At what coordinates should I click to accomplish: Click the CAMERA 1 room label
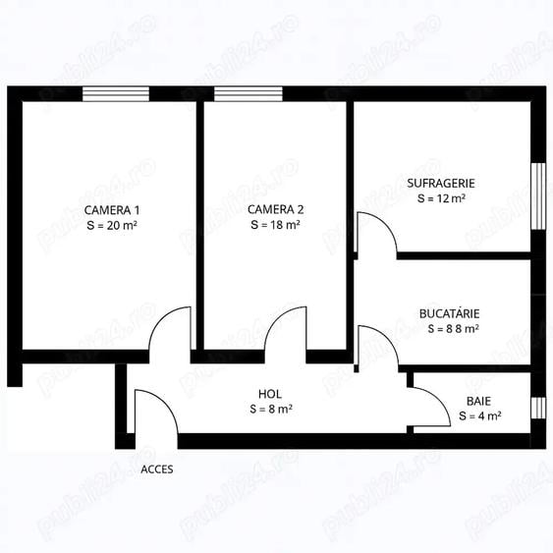point(111,209)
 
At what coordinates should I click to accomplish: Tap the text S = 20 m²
point(111,224)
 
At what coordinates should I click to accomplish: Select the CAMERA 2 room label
point(275,209)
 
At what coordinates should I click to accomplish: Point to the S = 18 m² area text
point(275,224)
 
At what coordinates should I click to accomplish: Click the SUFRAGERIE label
point(440,183)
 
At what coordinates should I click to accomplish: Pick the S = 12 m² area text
point(440,197)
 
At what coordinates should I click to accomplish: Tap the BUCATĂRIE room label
point(449,313)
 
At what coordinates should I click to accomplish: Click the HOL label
point(269,394)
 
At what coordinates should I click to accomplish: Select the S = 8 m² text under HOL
point(269,408)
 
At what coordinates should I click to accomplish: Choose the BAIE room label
point(479,401)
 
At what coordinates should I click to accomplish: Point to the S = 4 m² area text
point(479,415)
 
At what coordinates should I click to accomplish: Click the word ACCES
point(157,469)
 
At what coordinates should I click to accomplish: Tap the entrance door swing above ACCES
point(155,413)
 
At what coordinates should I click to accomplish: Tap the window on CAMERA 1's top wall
point(115,94)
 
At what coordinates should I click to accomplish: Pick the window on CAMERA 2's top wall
point(248,94)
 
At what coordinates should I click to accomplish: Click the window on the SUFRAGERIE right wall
point(537,194)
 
